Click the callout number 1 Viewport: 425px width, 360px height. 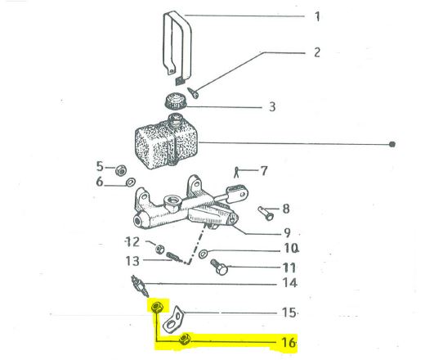[x=317, y=16]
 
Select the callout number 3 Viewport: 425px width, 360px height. [x=272, y=106]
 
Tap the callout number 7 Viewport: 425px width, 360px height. [x=264, y=171]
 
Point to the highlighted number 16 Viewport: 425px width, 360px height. [x=289, y=342]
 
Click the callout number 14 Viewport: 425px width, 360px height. [x=289, y=283]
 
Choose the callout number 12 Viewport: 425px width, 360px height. [x=132, y=241]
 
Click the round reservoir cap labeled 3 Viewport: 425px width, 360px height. [x=175, y=101]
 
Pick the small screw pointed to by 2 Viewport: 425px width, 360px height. [x=194, y=92]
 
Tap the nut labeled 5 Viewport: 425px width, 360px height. [x=120, y=170]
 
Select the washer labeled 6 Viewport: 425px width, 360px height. [x=131, y=182]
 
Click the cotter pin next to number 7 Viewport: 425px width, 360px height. [x=236, y=173]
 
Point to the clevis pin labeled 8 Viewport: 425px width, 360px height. [x=266, y=213]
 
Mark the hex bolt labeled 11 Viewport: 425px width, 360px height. [x=219, y=267]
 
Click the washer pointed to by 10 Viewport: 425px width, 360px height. [x=204, y=254]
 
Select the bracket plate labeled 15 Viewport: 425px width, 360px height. [x=173, y=320]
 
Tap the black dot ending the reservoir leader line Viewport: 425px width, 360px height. [x=392, y=144]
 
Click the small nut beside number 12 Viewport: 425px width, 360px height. [x=159, y=249]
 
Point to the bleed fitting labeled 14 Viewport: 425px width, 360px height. [x=140, y=286]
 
